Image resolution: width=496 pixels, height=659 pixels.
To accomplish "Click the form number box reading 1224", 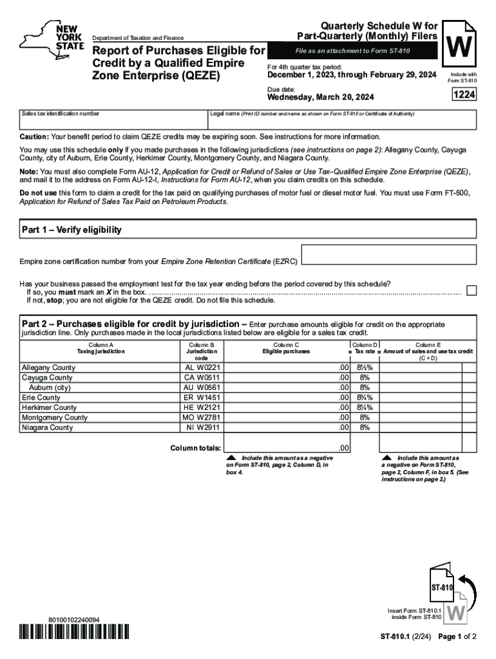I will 464,95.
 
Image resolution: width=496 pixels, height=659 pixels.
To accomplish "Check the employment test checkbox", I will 472,290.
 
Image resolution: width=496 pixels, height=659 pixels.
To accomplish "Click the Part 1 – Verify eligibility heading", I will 72,230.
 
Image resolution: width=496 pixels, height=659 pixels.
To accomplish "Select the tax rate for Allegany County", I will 365,367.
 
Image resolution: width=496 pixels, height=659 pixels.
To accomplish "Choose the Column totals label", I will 195,448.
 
